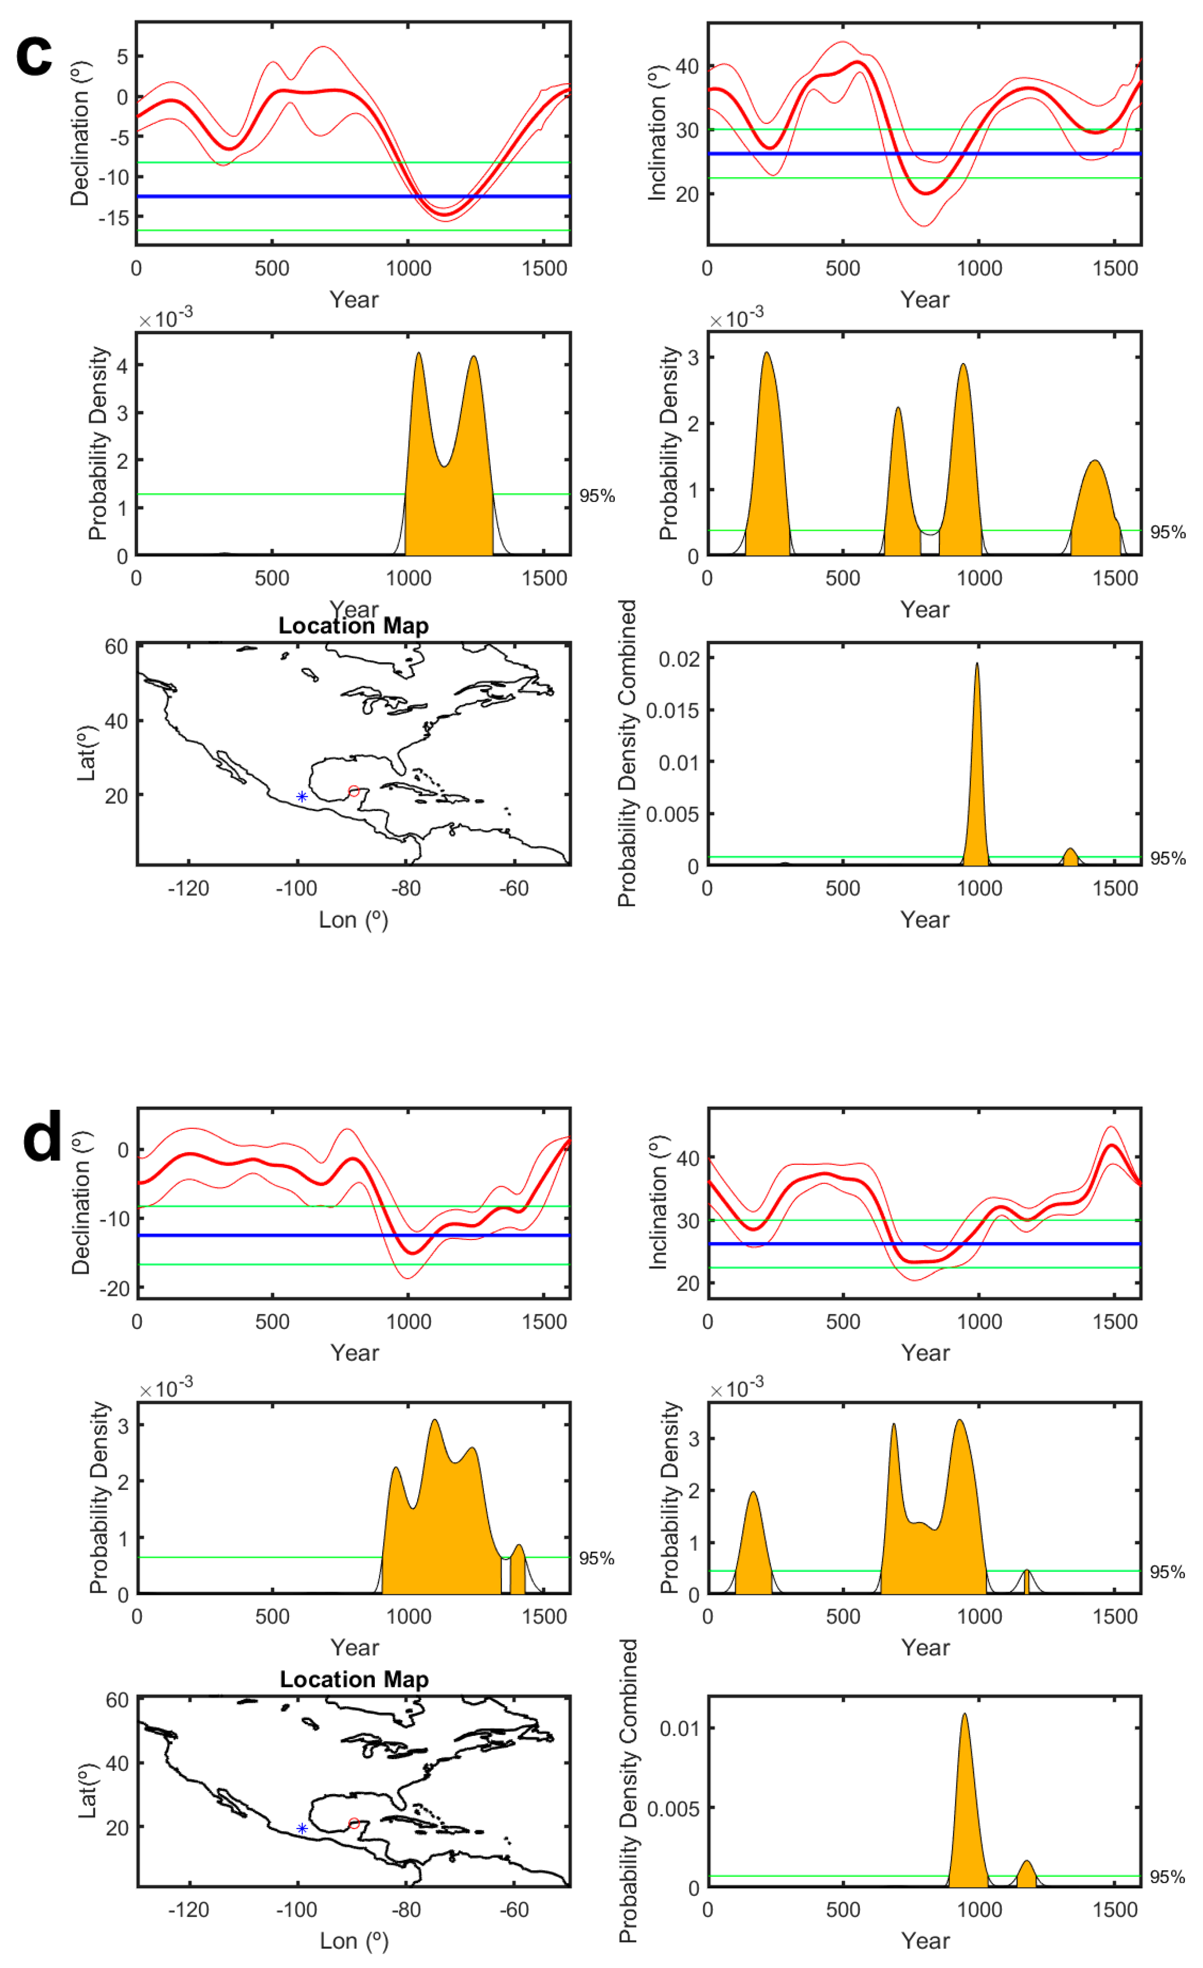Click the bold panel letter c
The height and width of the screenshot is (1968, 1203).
(x=34, y=56)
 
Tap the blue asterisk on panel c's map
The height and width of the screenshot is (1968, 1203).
(x=302, y=796)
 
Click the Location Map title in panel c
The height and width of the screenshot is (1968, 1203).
(x=353, y=626)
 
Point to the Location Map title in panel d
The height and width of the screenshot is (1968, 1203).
(x=354, y=1679)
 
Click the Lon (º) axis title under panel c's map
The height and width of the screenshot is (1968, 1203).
(x=353, y=920)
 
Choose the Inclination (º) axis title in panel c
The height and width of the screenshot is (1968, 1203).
(x=657, y=132)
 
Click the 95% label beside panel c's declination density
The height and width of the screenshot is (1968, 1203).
(x=597, y=496)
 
